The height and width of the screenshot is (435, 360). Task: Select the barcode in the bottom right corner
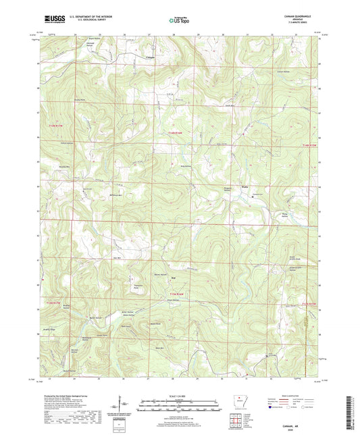click(349, 412)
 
